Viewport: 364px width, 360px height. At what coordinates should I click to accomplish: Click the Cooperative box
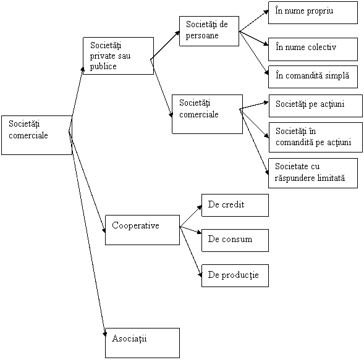(x=142, y=230)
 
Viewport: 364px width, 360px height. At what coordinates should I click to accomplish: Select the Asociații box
(x=142, y=343)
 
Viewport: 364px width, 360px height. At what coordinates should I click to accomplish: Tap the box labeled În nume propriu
(x=313, y=12)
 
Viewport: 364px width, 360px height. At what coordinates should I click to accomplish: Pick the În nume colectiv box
(x=313, y=49)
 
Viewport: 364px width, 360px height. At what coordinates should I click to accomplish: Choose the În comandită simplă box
(x=313, y=77)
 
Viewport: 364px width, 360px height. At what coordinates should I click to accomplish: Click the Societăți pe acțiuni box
(x=316, y=106)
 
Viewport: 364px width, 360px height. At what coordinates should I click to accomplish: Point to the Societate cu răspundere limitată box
(x=313, y=173)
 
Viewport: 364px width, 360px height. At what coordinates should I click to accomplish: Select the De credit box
(x=235, y=205)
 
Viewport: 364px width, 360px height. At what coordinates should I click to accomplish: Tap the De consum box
(x=235, y=241)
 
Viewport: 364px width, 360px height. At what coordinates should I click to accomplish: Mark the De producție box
(x=235, y=275)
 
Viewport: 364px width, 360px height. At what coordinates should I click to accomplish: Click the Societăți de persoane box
(x=209, y=31)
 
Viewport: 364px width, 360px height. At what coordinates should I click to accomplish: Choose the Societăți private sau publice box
(x=119, y=56)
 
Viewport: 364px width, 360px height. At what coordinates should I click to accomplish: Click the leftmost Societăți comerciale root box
(x=36, y=135)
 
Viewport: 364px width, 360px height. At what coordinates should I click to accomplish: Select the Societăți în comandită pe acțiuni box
(x=316, y=137)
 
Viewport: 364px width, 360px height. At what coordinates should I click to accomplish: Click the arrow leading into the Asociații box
(x=87, y=234)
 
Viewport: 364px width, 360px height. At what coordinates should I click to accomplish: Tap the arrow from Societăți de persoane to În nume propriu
(x=254, y=21)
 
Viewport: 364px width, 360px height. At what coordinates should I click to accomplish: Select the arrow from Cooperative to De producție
(x=191, y=252)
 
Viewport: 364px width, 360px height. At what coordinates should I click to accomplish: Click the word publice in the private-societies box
(x=103, y=67)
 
